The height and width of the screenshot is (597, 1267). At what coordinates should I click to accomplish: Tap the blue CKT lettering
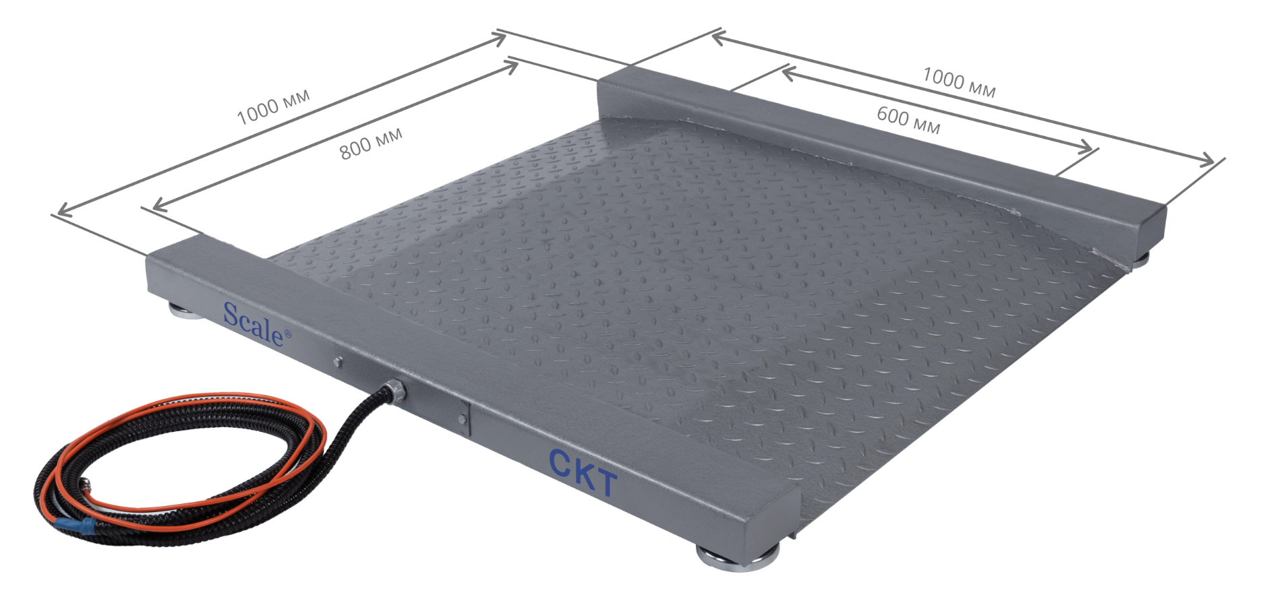tap(583, 472)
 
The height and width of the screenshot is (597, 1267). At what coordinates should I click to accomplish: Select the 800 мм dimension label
tap(371, 143)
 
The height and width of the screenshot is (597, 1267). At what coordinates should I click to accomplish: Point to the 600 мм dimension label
tap(908, 120)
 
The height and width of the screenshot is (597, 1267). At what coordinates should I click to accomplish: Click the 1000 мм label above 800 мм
tap(273, 106)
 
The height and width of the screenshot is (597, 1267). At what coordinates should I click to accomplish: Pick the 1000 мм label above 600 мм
tap(959, 82)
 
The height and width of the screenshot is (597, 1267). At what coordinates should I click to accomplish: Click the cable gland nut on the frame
tap(393, 391)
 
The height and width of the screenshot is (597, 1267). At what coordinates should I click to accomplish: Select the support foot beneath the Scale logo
tap(183, 313)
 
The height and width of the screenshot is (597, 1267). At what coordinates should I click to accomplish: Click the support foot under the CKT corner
tap(738, 558)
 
